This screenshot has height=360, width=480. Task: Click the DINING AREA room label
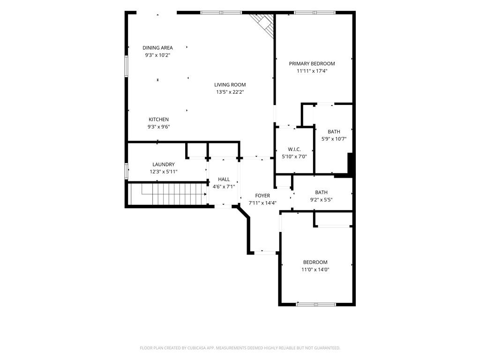(157, 48)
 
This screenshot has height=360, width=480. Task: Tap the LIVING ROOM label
(230, 85)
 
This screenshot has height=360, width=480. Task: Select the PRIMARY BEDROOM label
(312, 64)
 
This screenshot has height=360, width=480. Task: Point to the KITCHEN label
(158, 120)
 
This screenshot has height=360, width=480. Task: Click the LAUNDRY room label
(164, 165)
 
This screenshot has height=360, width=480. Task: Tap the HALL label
(224, 180)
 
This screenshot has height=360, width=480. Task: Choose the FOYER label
(262, 195)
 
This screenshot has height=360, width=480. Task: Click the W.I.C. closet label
(294, 150)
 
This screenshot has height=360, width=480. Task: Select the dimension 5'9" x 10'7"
(334, 139)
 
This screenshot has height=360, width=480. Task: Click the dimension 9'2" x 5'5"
(321, 200)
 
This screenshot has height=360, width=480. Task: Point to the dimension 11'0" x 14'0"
(315, 270)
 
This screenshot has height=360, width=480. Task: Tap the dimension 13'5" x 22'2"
(230, 92)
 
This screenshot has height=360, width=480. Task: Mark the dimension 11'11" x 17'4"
(312, 71)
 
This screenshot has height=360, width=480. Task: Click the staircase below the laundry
(167, 194)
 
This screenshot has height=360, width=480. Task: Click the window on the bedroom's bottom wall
(316, 304)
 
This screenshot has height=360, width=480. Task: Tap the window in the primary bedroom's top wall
(315, 13)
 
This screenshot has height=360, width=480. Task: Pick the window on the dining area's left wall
(126, 66)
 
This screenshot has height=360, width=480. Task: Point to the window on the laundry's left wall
(126, 171)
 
